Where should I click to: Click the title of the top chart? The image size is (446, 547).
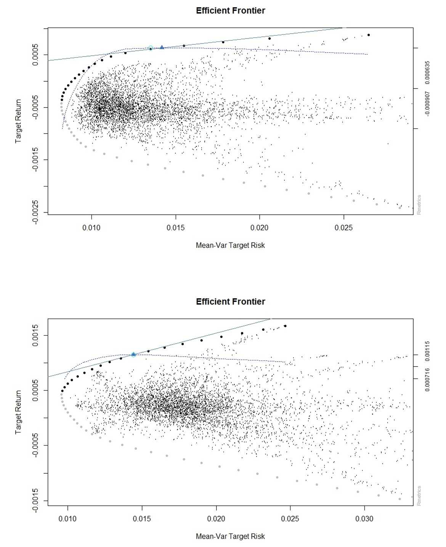point(230,11)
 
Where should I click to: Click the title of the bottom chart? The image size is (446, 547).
point(230,302)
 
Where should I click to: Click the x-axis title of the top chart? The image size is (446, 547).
point(230,245)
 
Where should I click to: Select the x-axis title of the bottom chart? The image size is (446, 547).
point(230,536)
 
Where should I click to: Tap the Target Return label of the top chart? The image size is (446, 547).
point(18,121)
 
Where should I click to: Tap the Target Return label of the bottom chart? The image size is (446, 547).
point(18,412)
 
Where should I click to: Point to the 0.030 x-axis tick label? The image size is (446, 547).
point(364,519)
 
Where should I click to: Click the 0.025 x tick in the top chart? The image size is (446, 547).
point(343,228)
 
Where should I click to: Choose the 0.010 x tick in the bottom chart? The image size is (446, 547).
point(67,519)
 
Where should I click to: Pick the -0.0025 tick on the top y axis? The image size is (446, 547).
point(35,212)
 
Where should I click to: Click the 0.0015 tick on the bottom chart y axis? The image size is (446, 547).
point(35,335)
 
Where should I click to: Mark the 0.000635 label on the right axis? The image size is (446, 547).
point(427,72)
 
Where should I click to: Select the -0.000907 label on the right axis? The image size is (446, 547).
point(427,103)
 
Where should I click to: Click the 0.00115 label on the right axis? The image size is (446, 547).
point(427,351)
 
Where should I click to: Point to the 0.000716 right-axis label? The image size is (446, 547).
point(427,379)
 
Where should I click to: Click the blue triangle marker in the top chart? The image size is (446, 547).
point(162,47)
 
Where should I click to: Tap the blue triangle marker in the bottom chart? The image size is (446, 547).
point(133,354)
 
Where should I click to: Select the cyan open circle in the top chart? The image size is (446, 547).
point(151,48)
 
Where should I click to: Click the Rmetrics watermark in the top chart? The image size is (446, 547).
point(419,205)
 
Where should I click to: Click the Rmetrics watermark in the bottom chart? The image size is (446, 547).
point(419,496)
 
